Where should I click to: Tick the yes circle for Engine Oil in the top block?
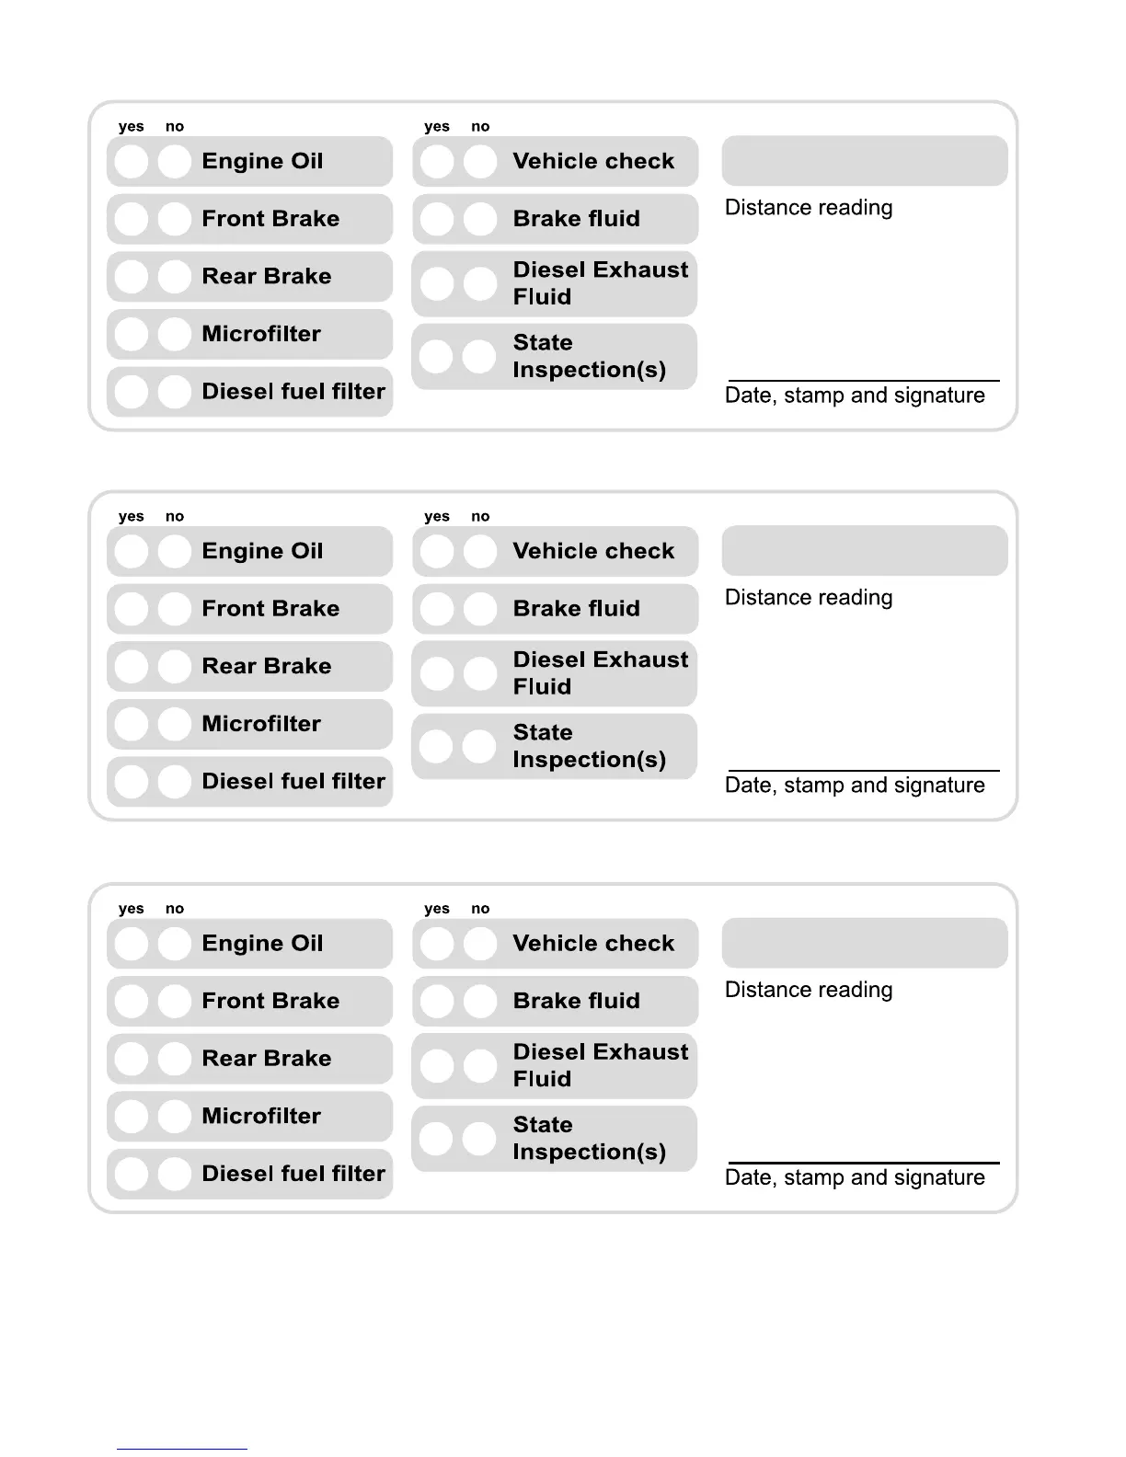pyautogui.click(x=132, y=162)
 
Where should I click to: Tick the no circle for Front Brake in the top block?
pyautogui.click(x=174, y=219)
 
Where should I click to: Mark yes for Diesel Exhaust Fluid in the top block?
pyautogui.click(x=437, y=284)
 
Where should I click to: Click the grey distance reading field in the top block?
pyautogui.click(x=864, y=161)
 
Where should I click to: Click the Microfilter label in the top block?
pyautogui.click(x=261, y=334)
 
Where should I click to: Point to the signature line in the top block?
pyautogui.click(x=863, y=380)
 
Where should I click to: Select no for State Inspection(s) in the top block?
pyautogui.click(x=479, y=356)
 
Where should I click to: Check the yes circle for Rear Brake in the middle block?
pyautogui.click(x=132, y=666)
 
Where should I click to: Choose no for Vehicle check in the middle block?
pyautogui.click(x=479, y=552)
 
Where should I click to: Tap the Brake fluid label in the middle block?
pyautogui.click(x=576, y=609)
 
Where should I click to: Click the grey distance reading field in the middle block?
pyautogui.click(x=864, y=551)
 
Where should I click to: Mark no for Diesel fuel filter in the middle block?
pyautogui.click(x=174, y=782)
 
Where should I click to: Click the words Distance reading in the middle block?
pyautogui.click(x=809, y=598)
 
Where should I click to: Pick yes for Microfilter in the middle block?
pyautogui.click(x=132, y=724)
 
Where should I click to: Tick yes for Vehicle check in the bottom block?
pyautogui.click(x=437, y=944)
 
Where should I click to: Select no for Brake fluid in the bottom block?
pyautogui.click(x=479, y=1001)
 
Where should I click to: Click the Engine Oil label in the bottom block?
pyautogui.click(x=262, y=944)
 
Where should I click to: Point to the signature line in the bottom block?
pyautogui.click(x=863, y=1163)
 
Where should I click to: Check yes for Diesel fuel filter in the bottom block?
pyautogui.click(x=132, y=1174)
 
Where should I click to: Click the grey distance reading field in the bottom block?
pyautogui.click(x=864, y=943)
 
